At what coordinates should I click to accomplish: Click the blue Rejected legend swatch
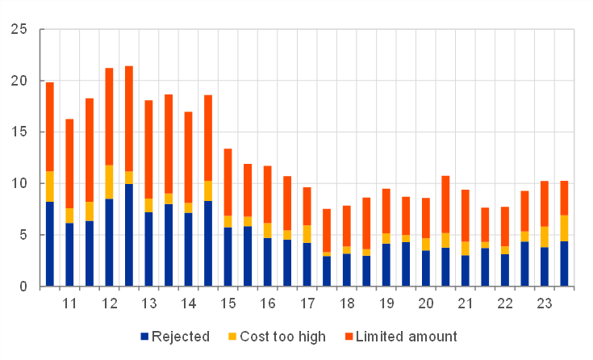pos(144,337)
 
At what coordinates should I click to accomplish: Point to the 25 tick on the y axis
pos(19,30)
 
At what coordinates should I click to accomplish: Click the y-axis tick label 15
pos(19,132)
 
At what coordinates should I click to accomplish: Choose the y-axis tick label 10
pos(19,184)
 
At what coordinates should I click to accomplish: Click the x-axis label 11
pos(69,304)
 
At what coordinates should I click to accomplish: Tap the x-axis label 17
pos(307,304)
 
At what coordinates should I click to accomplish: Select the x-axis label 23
pos(545,304)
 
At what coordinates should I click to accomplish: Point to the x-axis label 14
pos(188,304)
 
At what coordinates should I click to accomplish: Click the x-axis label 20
pos(426,304)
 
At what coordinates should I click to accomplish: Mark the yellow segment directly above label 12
pos(109,176)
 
